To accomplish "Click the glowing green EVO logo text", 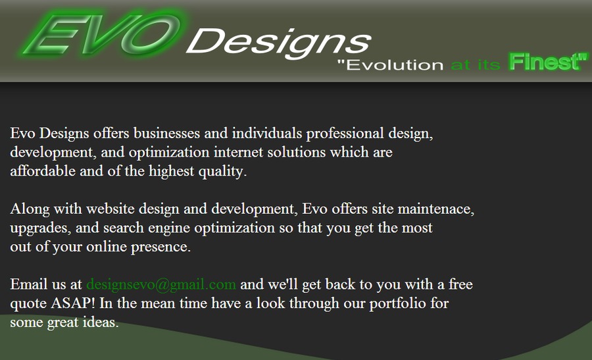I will point(102,34).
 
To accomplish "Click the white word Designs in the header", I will point(279,41).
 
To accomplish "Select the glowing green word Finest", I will point(545,63).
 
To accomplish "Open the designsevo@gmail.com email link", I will point(160,285).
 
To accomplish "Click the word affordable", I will point(41,172).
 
